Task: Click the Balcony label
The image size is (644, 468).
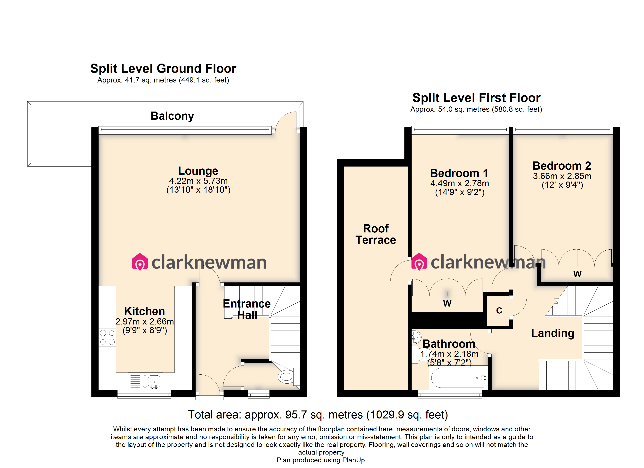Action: (172, 116)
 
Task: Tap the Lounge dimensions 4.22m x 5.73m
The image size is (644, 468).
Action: (198, 181)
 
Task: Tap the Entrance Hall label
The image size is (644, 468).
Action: (246, 309)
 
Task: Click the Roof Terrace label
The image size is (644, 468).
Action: (375, 234)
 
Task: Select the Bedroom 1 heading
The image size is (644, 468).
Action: (459, 173)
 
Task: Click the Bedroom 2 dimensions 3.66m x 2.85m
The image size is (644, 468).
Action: (562, 176)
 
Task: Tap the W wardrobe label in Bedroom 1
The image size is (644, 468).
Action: (447, 303)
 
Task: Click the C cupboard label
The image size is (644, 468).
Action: (499, 310)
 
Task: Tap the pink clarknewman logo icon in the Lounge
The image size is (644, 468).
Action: (140, 262)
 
